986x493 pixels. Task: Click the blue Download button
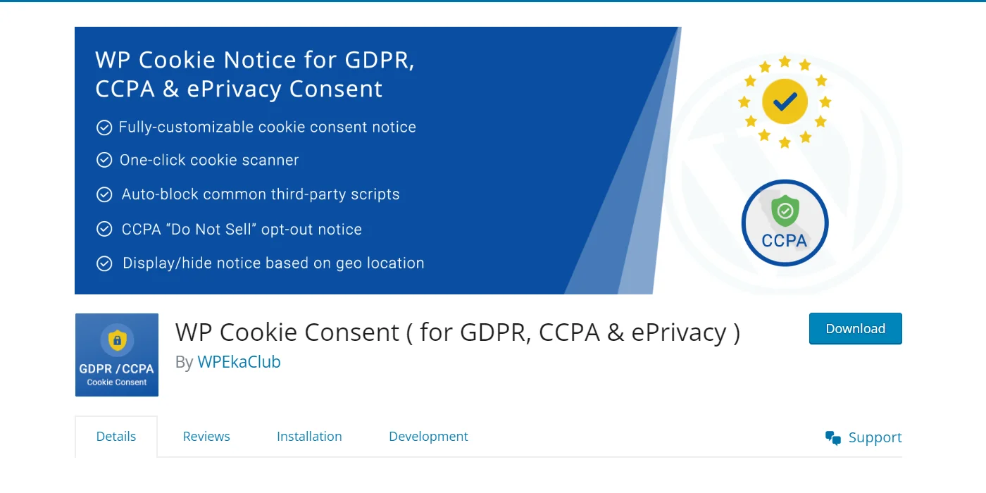(855, 329)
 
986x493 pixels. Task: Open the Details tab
(116, 437)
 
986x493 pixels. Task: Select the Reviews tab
(206, 437)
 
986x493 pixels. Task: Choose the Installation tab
(309, 437)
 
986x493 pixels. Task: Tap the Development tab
(428, 437)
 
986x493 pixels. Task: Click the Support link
(875, 437)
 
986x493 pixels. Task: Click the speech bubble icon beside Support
(833, 438)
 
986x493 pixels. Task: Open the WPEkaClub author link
(239, 362)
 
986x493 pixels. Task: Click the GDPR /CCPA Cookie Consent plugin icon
(117, 355)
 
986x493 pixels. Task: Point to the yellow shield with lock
(117, 340)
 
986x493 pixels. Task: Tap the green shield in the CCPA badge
(785, 211)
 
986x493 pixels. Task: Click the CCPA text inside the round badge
(784, 241)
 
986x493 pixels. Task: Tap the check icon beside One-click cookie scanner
(104, 161)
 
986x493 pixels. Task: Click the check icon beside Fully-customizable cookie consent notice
(104, 127)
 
